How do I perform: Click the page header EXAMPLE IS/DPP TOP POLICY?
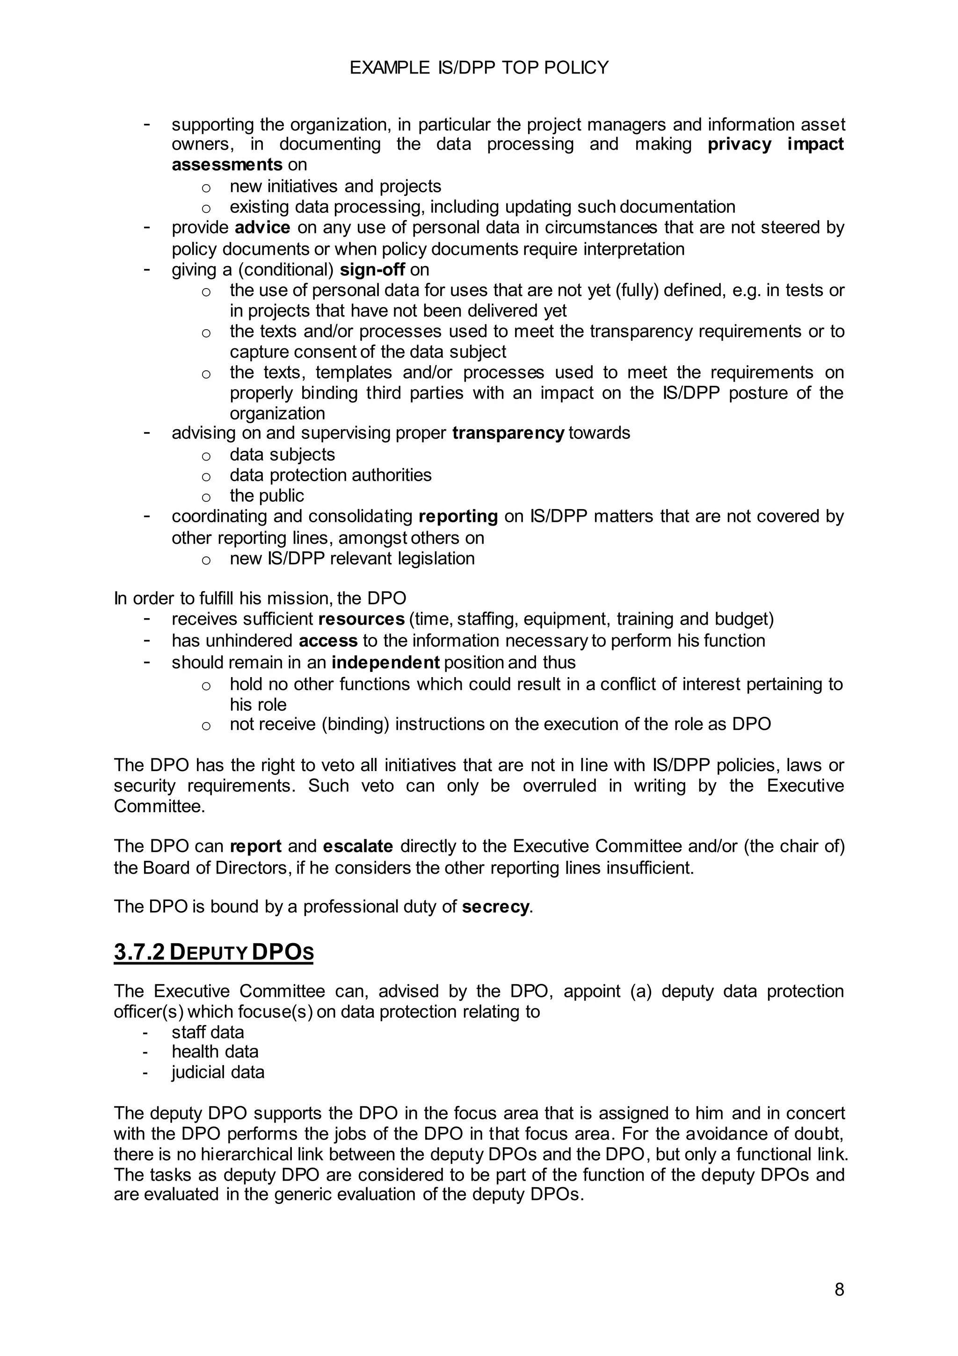(x=479, y=68)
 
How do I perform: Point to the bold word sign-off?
(x=372, y=269)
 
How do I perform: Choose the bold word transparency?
(x=508, y=433)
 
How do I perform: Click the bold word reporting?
(x=458, y=516)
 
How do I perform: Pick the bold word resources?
(x=361, y=619)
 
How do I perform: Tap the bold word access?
(x=328, y=640)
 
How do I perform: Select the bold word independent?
(x=385, y=662)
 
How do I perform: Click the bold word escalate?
(x=357, y=846)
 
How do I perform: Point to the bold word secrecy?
(x=495, y=907)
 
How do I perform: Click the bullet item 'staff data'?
(x=207, y=1032)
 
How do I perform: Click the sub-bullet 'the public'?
(x=267, y=496)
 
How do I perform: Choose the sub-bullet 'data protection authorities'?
(x=330, y=475)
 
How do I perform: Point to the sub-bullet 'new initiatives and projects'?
(x=335, y=186)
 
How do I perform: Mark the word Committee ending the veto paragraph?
(x=159, y=806)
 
